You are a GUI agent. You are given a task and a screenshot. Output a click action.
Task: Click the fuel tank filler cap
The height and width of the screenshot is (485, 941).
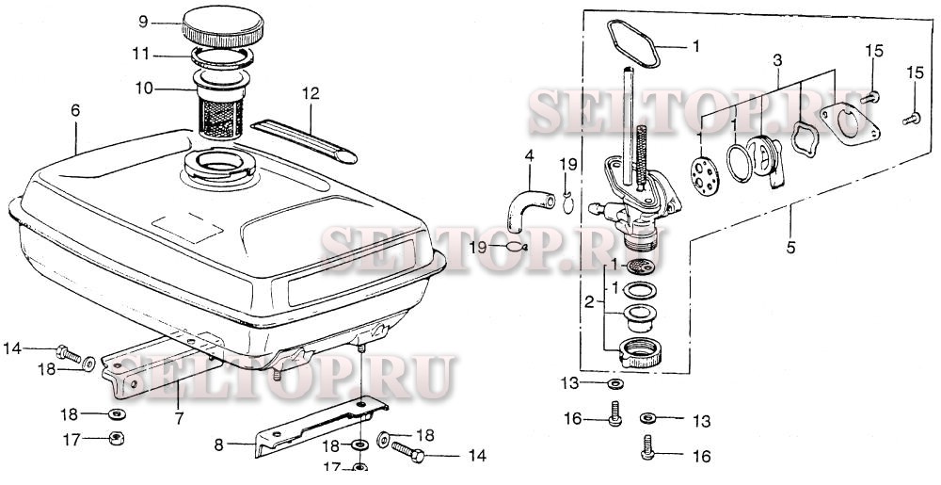click(x=223, y=27)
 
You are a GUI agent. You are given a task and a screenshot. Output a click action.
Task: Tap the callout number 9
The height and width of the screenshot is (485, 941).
click(x=143, y=23)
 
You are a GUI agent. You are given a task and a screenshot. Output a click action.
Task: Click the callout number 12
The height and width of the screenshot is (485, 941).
click(x=311, y=94)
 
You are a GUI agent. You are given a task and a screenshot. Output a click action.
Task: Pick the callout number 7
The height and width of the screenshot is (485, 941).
click(x=180, y=418)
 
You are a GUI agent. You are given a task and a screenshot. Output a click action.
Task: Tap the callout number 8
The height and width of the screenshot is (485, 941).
click(x=218, y=445)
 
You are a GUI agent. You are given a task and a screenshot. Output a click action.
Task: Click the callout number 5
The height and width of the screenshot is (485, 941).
click(x=790, y=246)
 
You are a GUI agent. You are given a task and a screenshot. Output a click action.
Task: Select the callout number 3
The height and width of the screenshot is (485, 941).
click(x=778, y=60)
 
